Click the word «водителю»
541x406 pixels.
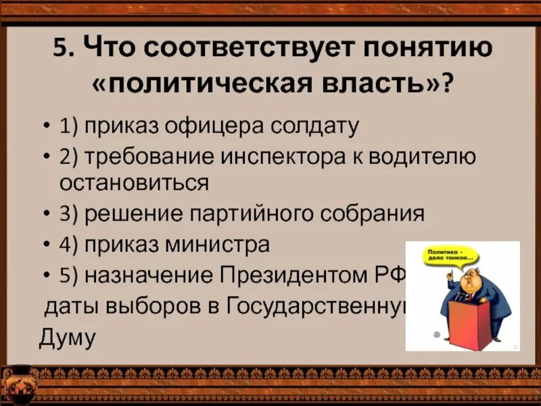(424, 157)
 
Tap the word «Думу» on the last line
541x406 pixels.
(68, 336)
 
